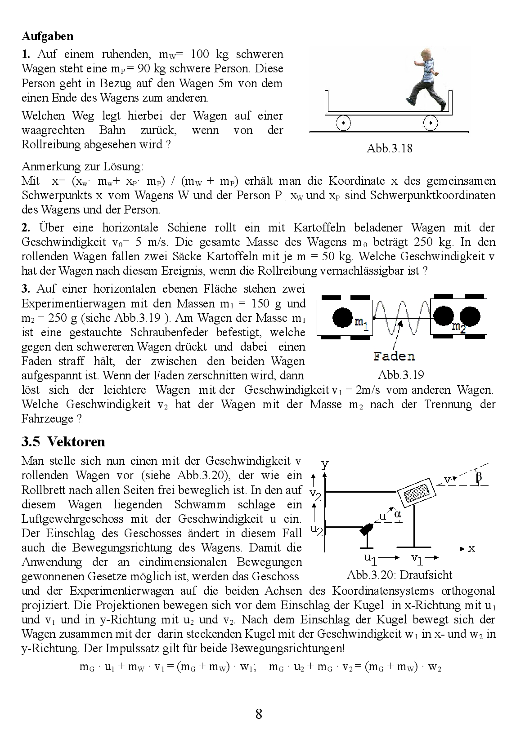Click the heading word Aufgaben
tap(47, 36)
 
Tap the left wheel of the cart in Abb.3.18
tap(343, 122)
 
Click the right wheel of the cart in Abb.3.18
tap(430, 122)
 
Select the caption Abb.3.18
tap(389, 148)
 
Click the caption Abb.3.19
tap(401, 375)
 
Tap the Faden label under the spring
tap(394, 356)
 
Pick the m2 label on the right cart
tap(459, 327)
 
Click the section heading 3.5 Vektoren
tap(63, 441)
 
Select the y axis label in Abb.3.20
tap(325, 464)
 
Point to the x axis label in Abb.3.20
tap(471, 549)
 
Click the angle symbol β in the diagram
tap(479, 477)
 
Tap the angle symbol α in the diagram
tap(398, 514)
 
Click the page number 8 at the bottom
tap(259, 714)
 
